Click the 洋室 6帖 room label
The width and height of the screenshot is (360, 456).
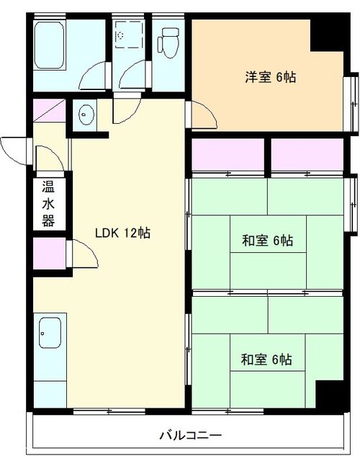pyautogui.click(x=271, y=77)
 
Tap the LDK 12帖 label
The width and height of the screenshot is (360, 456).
pyautogui.click(x=123, y=233)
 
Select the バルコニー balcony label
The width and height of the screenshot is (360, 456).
pyautogui.click(x=191, y=435)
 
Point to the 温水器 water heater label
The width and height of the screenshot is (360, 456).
pyautogui.click(x=48, y=204)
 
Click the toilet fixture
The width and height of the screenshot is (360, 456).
pyautogui.click(x=168, y=43)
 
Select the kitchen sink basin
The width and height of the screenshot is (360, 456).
pyautogui.click(x=50, y=333)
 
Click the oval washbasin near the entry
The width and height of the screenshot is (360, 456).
pyautogui.click(x=86, y=115)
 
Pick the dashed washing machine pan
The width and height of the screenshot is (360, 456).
pyautogui.click(x=130, y=35)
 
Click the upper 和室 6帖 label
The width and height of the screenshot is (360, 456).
pyautogui.click(x=268, y=240)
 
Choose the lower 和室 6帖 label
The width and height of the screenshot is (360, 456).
pyautogui.click(x=266, y=359)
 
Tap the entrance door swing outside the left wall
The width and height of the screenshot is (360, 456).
pyautogui.click(x=14, y=151)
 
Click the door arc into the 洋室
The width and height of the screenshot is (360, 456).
pyautogui.click(x=204, y=115)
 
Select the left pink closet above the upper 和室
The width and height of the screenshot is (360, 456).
pyautogui.click(x=228, y=154)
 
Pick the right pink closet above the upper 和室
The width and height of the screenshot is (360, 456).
pyautogui.click(x=307, y=154)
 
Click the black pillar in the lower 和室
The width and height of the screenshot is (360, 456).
pyautogui.click(x=330, y=394)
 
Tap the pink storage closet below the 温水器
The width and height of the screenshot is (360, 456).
pyautogui.click(x=50, y=254)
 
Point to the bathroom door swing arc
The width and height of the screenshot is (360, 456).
pyautogui.click(x=92, y=76)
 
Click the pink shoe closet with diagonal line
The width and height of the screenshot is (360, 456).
pyautogui.click(x=49, y=110)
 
